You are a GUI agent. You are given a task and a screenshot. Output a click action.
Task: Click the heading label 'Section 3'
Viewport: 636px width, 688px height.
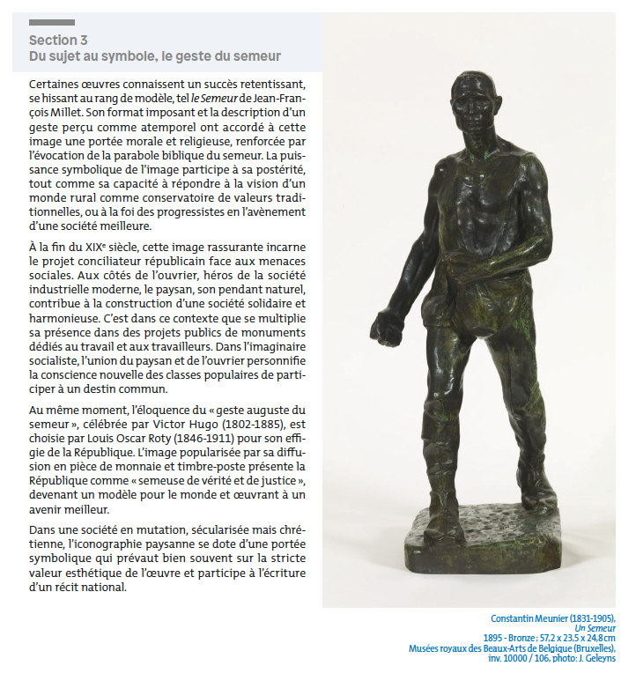click(58, 40)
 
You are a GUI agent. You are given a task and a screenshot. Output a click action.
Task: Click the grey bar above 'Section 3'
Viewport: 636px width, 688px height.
click(52, 22)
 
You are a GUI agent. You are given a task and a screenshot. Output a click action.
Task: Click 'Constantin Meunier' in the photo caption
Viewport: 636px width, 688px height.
click(534, 618)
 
